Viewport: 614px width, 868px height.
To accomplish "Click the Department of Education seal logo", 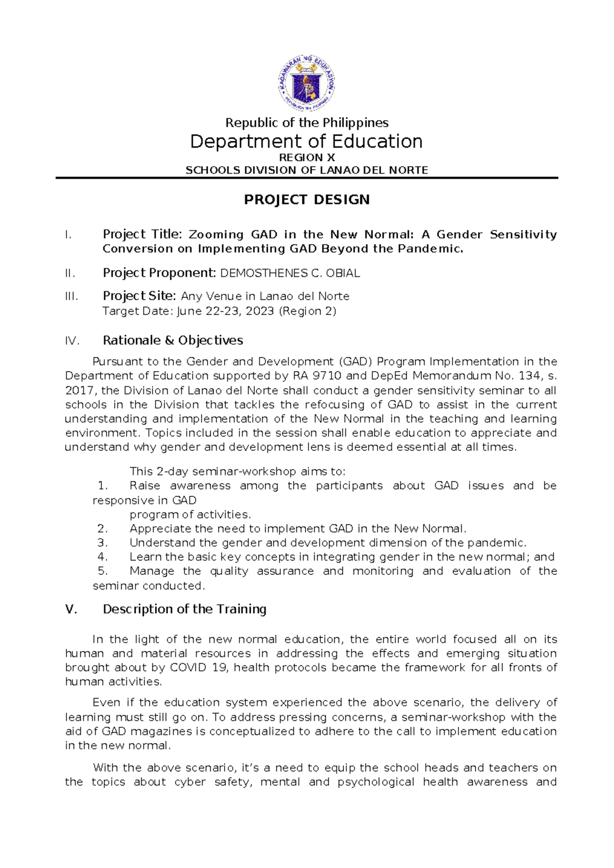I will point(307,83).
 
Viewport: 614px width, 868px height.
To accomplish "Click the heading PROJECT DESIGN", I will point(306,200).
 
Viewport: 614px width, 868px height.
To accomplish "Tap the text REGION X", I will point(306,158).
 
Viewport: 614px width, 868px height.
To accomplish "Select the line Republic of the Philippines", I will point(307,123).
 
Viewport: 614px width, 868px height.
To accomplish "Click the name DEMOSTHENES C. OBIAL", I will point(290,273).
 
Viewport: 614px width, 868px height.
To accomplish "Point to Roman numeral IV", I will point(72,341).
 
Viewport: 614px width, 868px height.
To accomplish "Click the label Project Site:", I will point(140,296).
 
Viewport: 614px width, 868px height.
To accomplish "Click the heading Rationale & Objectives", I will point(172,340).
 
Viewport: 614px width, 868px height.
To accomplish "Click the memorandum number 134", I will point(529,376).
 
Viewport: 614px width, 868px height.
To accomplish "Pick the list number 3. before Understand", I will point(102,542).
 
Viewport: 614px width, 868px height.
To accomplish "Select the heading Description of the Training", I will point(184,609).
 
